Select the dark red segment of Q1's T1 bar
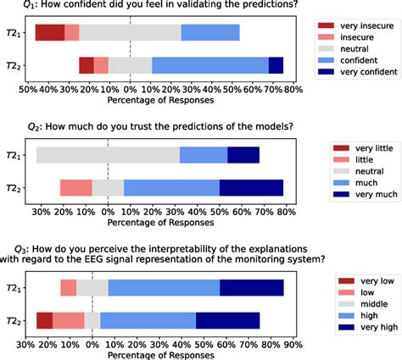(x=50, y=33)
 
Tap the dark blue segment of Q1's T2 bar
(x=276, y=65)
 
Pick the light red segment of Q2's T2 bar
(x=75, y=187)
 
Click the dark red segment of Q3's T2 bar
(x=44, y=320)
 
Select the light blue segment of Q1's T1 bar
(x=210, y=33)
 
